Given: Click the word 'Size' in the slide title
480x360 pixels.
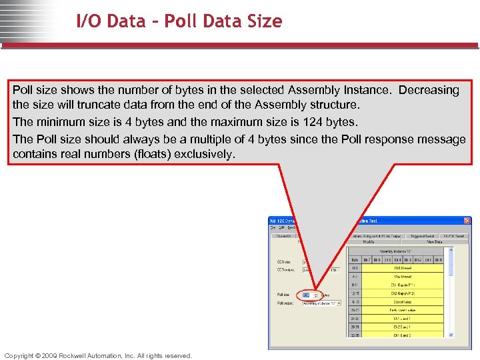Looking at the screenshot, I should (263, 21).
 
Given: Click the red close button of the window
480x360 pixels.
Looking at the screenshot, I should (467, 221).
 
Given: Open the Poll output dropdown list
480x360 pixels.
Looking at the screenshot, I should (338, 303).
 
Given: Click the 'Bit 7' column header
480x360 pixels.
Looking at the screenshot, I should (367, 259).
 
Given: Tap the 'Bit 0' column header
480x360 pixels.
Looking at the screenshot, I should (438, 259).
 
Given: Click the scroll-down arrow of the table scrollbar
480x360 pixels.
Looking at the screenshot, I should (451, 335).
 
